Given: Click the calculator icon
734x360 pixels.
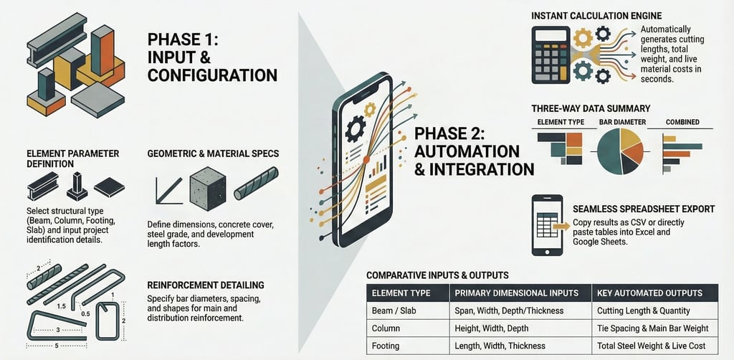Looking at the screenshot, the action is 550,55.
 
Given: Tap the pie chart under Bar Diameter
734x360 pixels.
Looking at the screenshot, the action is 620,151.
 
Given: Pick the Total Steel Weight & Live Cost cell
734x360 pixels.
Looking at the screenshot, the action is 651,346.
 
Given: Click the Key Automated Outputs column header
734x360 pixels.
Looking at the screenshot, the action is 649,293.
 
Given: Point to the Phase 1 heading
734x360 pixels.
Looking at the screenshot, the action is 212,57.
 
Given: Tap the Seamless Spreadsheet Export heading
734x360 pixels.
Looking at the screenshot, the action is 644,209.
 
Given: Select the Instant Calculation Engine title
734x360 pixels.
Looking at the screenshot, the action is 596,16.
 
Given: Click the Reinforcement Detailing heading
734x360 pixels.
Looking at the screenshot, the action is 206,285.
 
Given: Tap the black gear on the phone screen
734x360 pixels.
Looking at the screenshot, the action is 356,129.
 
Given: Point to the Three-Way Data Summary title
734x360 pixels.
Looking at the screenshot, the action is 591,108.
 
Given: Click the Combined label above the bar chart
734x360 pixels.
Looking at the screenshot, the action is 682,122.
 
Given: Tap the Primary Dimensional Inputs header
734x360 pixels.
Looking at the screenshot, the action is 517,293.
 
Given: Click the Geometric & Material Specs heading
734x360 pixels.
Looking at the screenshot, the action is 213,153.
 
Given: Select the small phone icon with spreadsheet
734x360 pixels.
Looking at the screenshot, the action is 548,225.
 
